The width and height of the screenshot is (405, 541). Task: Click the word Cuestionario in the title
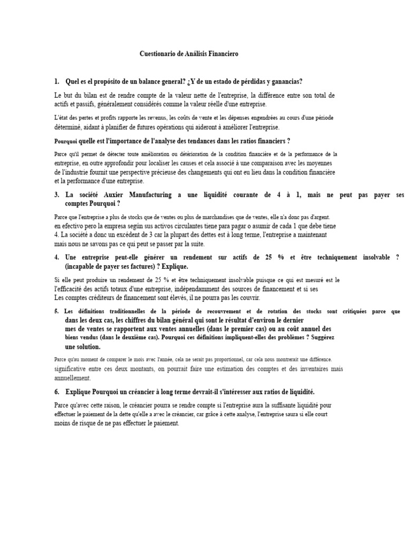tap(157, 54)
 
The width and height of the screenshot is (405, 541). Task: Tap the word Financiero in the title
tap(225, 54)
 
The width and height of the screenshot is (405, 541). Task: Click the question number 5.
tap(56, 312)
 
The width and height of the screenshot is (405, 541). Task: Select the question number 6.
tap(56, 392)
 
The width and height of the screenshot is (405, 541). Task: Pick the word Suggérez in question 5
tap(318, 337)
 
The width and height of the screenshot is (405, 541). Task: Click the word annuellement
tap(72, 378)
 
